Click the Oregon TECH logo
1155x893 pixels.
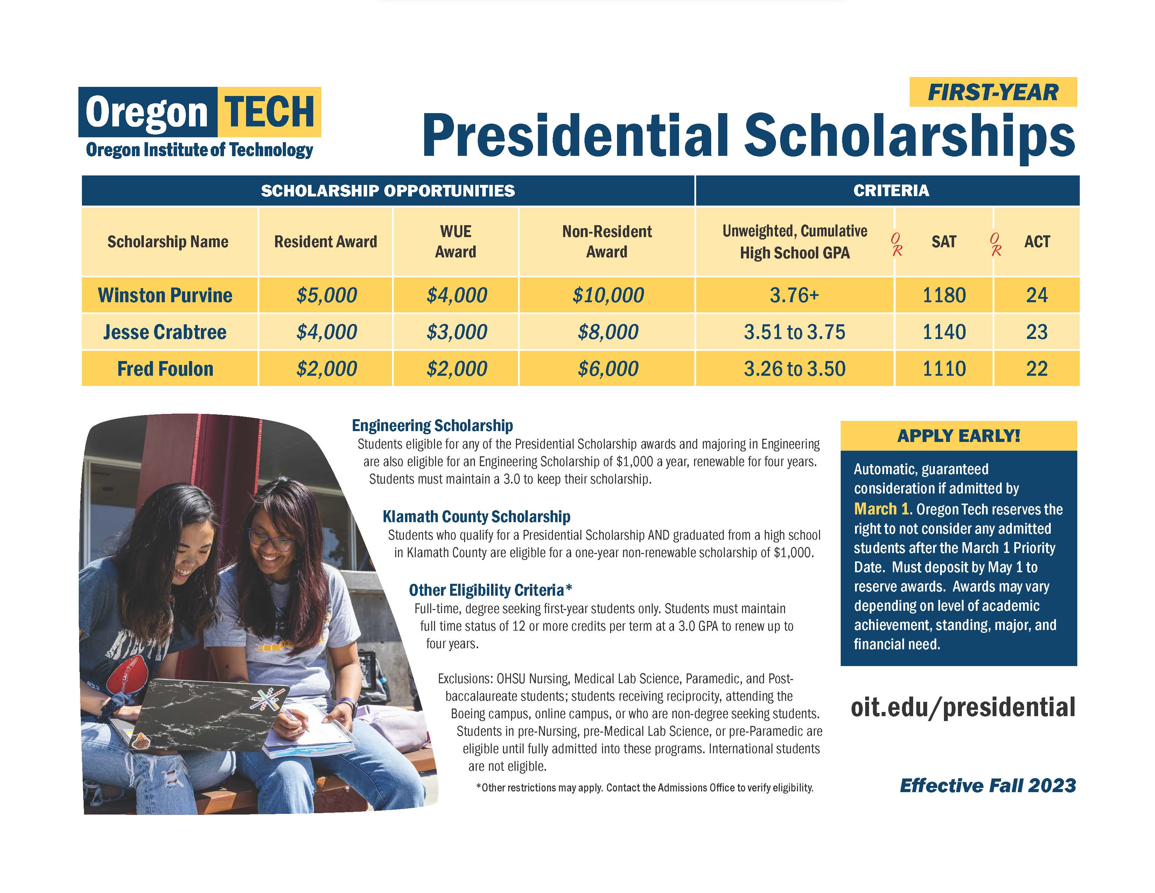tap(199, 112)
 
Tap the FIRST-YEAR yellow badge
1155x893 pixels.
tap(993, 92)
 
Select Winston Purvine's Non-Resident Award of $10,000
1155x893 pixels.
tap(608, 295)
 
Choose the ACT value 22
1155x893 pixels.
tap(1037, 369)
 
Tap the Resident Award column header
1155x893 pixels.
tap(325, 242)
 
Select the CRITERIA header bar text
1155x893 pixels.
tap(891, 191)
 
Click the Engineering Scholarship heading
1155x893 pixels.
tap(432, 425)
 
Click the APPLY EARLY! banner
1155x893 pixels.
tap(958, 436)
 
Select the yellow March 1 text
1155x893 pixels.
tap(881, 509)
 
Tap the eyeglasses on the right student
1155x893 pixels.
tap(271, 540)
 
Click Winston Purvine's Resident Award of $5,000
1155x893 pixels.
tap(326, 295)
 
